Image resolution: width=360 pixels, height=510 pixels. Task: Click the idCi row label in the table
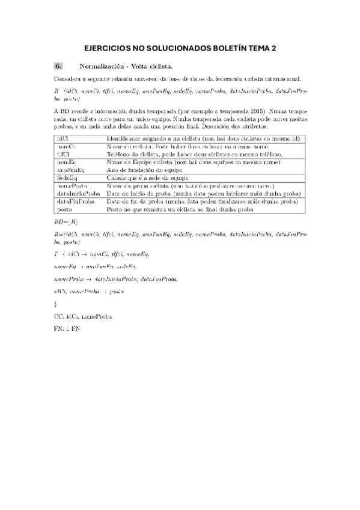coord(62,139)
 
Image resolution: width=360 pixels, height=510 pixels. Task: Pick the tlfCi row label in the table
coord(64,155)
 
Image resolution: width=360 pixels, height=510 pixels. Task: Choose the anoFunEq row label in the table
coord(71,170)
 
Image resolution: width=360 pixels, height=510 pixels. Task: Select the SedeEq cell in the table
coord(67,179)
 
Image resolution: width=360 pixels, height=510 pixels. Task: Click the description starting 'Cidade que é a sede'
coord(148,179)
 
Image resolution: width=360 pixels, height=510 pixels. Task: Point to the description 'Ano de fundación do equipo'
coord(145,170)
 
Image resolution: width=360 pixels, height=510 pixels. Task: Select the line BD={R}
coord(65,223)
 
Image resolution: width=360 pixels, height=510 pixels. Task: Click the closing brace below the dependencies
coord(55,304)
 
